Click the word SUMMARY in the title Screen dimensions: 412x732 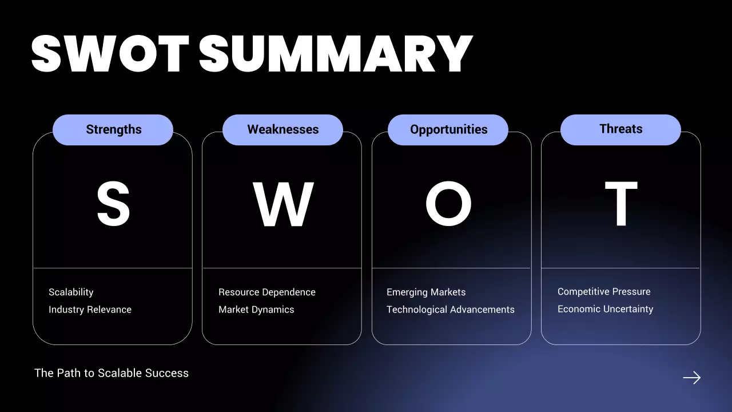(336, 54)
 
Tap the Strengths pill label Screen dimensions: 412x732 (113, 129)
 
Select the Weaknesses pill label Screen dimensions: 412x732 (283, 129)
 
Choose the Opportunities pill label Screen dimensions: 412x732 (448, 129)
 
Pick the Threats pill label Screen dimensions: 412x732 (620, 129)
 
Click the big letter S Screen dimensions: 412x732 (113, 204)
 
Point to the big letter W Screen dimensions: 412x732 (283, 204)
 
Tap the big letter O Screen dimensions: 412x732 (448, 204)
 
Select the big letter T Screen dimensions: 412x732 (621, 204)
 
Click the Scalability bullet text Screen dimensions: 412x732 (71, 292)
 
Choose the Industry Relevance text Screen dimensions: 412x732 (90, 310)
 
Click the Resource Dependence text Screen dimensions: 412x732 (266, 292)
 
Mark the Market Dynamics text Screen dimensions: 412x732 (256, 310)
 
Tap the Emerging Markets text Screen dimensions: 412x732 (426, 292)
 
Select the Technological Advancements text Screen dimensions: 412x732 (450, 310)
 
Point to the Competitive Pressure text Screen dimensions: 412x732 (604, 291)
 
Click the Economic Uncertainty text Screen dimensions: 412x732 (605, 309)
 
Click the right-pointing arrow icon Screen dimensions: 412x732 (691, 378)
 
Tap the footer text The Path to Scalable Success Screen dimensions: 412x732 (112, 373)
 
